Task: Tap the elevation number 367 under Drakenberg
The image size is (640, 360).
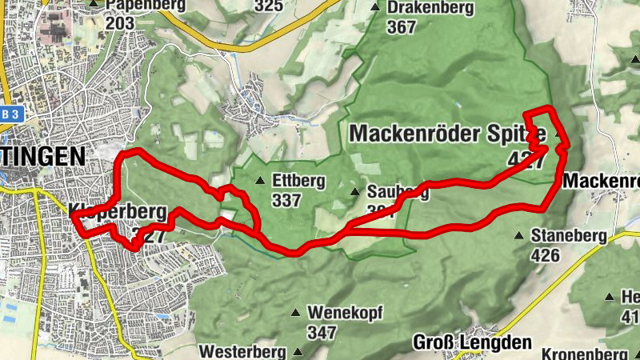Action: click(401, 27)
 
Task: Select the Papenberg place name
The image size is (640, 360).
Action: click(145, 6)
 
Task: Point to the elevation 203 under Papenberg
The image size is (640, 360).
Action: click(119, 23)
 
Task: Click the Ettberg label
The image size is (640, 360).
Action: click(298, 181)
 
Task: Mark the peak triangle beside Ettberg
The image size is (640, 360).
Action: click(259, 181)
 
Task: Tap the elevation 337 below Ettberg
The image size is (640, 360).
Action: click(287, 199)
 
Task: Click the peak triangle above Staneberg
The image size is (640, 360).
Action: click(519, 236)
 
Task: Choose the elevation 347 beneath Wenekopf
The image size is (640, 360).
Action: click(321, 331)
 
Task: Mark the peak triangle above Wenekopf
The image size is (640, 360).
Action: click(296, 313)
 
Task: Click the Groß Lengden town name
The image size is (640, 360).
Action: click(472, 342)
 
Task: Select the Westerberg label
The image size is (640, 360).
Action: click(242, 351)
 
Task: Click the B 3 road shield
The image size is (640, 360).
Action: click(9, 114)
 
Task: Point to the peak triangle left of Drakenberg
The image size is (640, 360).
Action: click(375, 8)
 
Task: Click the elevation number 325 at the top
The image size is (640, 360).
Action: click(269, 6)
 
